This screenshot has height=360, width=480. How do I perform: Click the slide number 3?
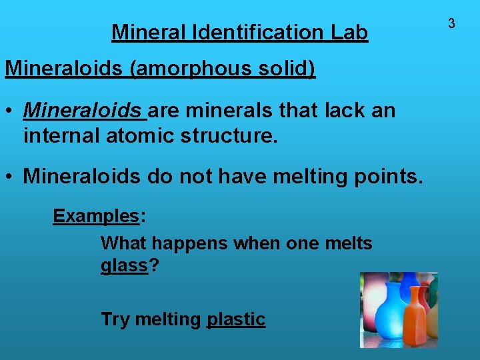(x=451, y=23)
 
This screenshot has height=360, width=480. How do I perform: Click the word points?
(x=387, y=176)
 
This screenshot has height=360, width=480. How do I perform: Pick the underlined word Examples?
(x=96, y=216)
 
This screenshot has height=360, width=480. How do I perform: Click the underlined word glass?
(x=124, y=265)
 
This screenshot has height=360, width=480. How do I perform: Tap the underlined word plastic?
(x=236, y=319)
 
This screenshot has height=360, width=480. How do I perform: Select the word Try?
(x=115, y=319)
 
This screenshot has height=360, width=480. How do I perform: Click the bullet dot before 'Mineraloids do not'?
(x=11, y=177)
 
